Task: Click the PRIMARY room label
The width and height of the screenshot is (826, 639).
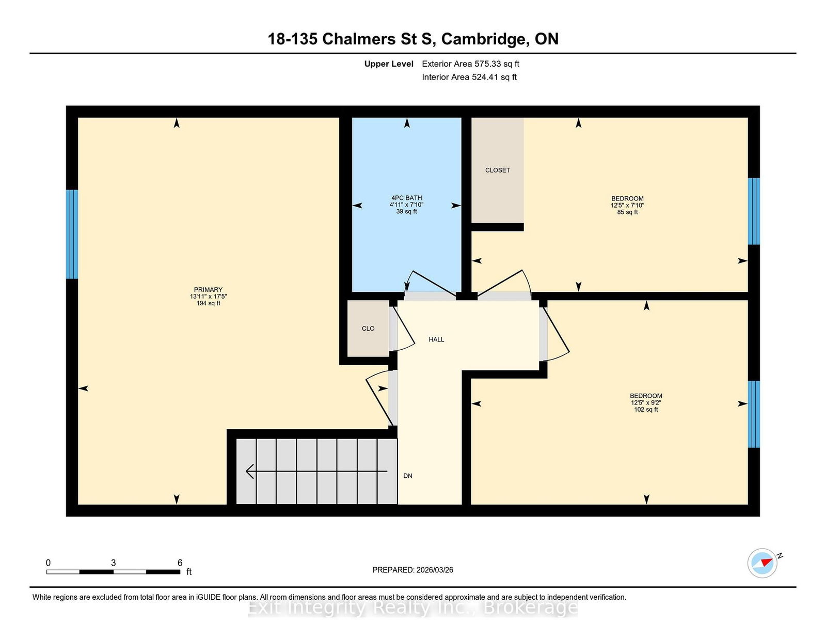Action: [208, 289]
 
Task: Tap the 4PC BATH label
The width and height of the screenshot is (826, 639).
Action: [406, 198]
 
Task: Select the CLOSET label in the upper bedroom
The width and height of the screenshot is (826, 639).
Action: [497, 170]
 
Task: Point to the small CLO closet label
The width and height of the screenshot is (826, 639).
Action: [368, 328]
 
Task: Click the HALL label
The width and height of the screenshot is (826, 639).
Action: [436, 339]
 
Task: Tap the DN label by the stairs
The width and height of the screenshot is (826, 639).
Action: [407, 475]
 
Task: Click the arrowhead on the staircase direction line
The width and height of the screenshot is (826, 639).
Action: [250, 471]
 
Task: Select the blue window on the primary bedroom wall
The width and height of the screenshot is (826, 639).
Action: [72, 234]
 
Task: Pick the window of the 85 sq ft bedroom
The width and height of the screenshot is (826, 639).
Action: [754, 211]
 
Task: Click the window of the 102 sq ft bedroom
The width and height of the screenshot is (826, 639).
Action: [754, 414]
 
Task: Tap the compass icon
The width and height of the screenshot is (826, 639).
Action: [762, 563]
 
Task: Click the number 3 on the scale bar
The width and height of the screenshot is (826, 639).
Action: [113, 563]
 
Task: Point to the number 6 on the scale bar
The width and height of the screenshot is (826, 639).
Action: [180, 563]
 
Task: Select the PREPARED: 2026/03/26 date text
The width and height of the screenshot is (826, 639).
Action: [413, 570]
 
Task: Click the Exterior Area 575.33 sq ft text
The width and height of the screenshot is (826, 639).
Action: [471, 64]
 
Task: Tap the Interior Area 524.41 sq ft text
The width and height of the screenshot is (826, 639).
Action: [469, 77]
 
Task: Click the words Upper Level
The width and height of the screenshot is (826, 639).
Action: [389, 64]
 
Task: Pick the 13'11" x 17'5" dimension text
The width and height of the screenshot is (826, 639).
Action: [208, 297]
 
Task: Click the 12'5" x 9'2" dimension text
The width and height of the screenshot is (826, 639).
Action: [646, 402]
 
